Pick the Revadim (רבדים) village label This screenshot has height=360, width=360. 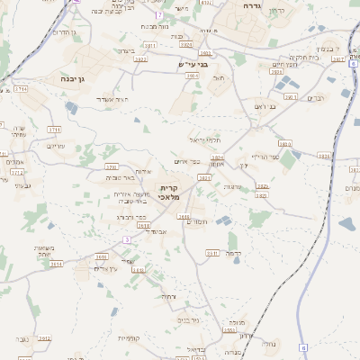click(x=316, y=98)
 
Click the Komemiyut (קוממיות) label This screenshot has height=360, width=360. click(x=129, y=337)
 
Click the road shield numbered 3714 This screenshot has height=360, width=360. click(x=20, y=90)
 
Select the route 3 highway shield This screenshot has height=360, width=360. click(x=127, y=239)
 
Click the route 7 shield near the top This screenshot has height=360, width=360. click(x=159, y=15)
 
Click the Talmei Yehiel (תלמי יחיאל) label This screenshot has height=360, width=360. click(x=204, y=140)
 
